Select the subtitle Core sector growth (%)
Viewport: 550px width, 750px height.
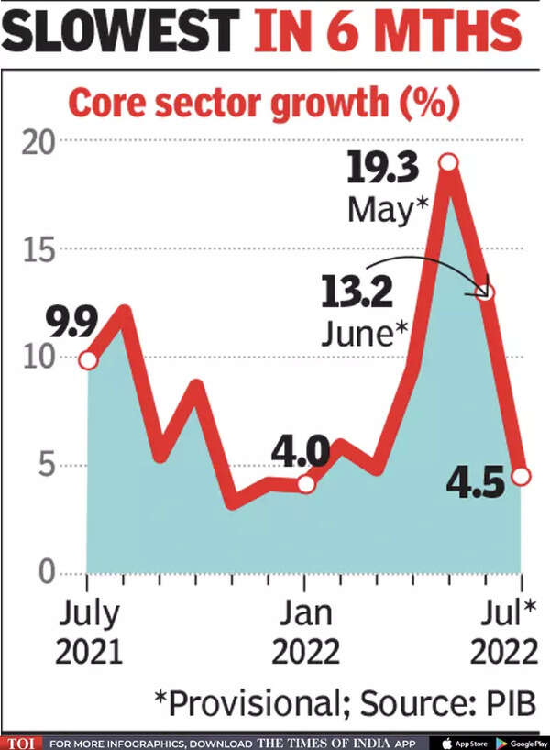pos(263,103)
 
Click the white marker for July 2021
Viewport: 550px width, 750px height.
pos(88,360)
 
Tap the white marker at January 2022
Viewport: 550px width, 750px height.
pos(306,483)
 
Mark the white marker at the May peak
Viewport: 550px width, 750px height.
pos(448,162)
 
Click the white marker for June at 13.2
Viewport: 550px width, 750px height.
pos(486,292)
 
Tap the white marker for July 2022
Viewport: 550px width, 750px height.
pos(522,476)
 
